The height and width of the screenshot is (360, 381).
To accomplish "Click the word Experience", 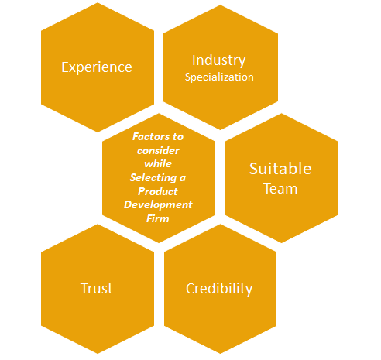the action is coord(97,67).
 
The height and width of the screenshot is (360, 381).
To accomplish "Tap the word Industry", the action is coord(219,60).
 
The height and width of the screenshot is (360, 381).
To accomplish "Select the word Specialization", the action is coord(219,77).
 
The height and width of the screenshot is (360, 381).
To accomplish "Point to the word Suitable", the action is coord(280,169).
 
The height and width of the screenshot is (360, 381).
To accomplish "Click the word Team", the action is coord(280,189).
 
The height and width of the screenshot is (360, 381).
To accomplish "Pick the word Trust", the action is coord(97,288).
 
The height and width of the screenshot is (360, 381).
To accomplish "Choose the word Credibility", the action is coord(219,289).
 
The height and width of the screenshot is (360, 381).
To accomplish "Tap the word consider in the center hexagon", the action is coord(158,150).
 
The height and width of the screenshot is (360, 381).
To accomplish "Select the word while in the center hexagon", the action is coord(158,164).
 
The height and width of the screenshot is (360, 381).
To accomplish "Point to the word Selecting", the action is coord(153,178).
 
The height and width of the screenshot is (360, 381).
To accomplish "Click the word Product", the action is coord(158,191).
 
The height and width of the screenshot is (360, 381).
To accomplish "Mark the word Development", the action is coord(158,205).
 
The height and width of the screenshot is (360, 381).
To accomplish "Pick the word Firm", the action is coord(158,219).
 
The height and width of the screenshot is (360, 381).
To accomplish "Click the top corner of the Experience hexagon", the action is coord(98,2).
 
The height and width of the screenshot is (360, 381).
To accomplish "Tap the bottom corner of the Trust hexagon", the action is coord(98,354).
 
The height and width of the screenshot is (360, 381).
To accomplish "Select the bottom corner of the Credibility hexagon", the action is coord(220,354).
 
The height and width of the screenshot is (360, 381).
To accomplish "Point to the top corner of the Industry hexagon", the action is coord(220,5).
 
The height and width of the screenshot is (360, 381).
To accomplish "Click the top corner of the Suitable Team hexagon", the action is coord(281,113).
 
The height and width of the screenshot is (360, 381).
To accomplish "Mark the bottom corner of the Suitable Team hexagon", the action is coord(281,243).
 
